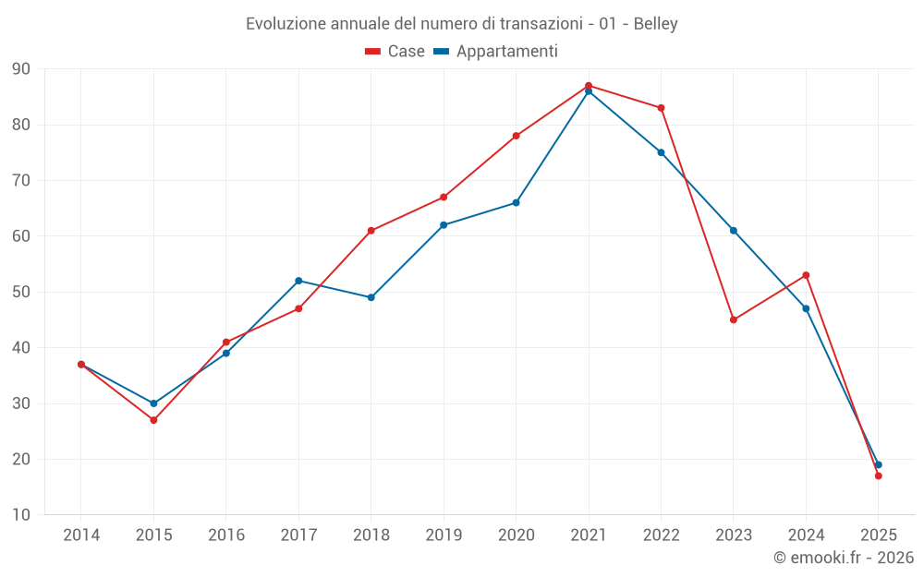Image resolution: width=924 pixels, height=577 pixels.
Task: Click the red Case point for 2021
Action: coord(589,86)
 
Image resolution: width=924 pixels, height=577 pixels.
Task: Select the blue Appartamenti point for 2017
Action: coord(298,281)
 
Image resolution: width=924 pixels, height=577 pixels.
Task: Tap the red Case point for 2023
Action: coord(734,319)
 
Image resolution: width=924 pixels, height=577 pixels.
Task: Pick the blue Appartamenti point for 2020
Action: coord(516,202)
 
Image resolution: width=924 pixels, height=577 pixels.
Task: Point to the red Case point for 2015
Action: coord(153,420)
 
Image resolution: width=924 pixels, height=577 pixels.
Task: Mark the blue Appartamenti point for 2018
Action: coord(371,297)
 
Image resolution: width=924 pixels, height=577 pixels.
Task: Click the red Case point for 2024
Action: coord(806,275)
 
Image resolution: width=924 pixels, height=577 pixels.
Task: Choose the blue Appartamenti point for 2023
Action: coord(734,230)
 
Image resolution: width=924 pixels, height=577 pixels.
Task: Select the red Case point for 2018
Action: coord(371,231)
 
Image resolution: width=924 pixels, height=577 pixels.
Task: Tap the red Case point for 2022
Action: coord(661,108)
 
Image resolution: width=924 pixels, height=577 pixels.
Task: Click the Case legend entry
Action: coord(395,52)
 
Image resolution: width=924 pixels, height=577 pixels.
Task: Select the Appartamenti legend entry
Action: coord(496,52)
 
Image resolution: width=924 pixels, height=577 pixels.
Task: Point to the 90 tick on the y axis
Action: coord(21,69)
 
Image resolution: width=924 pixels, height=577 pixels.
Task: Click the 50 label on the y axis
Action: coord(21,292)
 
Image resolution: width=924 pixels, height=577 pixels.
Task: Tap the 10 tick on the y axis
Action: coord(21,515)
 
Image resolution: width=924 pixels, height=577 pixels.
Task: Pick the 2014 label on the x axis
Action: coord(81,535)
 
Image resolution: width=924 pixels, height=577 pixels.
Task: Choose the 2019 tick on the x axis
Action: coord(444,535)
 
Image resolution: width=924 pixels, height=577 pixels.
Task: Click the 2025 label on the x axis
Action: coord(878,535)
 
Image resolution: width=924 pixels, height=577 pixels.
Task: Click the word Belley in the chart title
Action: coord(656,24)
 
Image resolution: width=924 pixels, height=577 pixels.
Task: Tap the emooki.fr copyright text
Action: coord(844,558)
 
